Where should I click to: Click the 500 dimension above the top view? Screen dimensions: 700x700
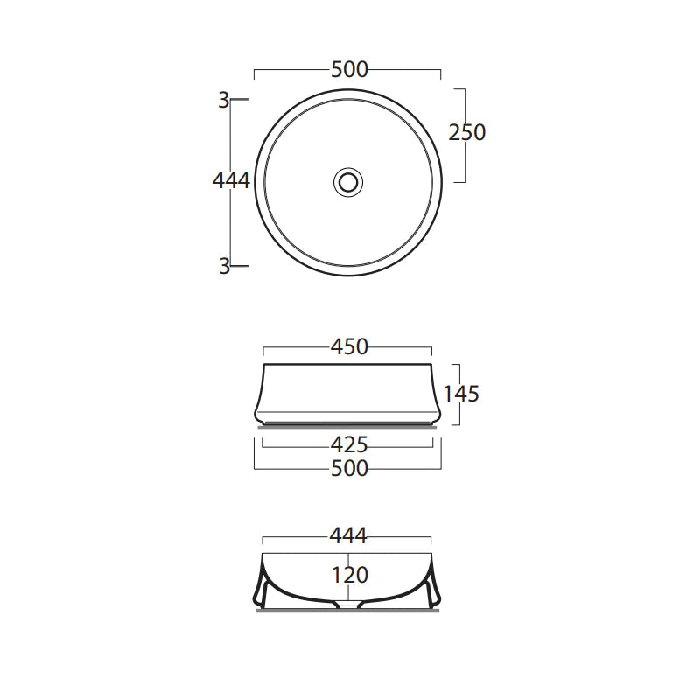tap(349, 70)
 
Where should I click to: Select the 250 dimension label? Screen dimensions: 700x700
tap(466, 132)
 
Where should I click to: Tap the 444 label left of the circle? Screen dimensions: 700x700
tap(231, 180)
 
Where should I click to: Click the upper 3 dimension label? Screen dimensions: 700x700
tap(224, 101)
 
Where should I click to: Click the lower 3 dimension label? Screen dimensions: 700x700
tap(224, 266)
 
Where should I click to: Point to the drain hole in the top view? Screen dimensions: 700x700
tap(348, 181)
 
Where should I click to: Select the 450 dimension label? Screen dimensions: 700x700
tap(349, 347)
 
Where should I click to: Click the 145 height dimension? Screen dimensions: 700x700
tap(461, 394)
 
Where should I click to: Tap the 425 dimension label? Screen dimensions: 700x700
tap(349, 444)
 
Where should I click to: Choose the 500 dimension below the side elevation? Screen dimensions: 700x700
tap(349, 469)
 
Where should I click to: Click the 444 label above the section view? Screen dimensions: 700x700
tap(348, 535)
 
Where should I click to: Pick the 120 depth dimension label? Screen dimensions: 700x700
tap(349, 575)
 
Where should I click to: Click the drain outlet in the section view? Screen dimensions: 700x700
tap(348, 604)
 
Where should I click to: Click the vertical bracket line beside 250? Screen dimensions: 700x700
tap(464, 157)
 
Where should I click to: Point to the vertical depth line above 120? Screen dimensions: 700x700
tap(348, 559)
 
